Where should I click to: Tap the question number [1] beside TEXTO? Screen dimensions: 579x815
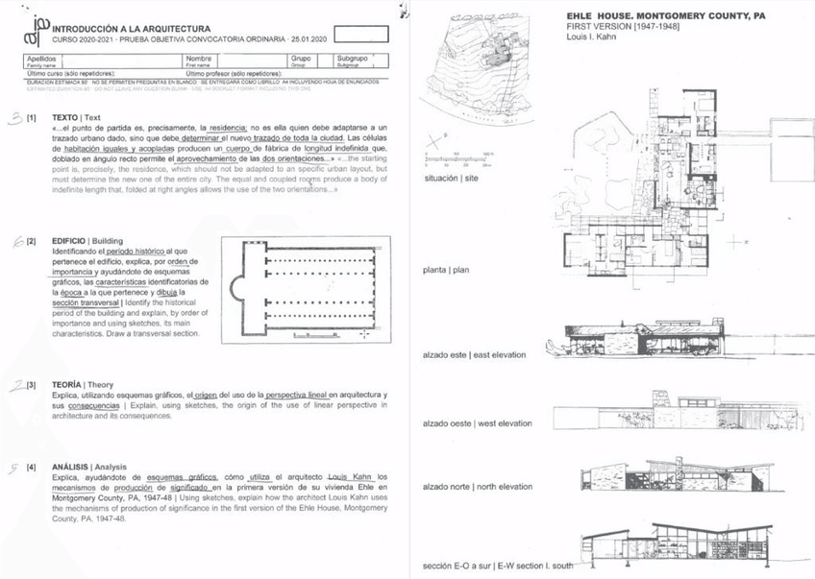tap(32, 117)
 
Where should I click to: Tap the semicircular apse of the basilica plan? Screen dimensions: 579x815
tap(238, 288)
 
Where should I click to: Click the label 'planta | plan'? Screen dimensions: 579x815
tap(445, 270)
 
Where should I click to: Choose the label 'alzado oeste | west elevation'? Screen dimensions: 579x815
tap(478, 422)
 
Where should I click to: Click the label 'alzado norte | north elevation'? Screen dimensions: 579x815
tap(479, 487)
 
